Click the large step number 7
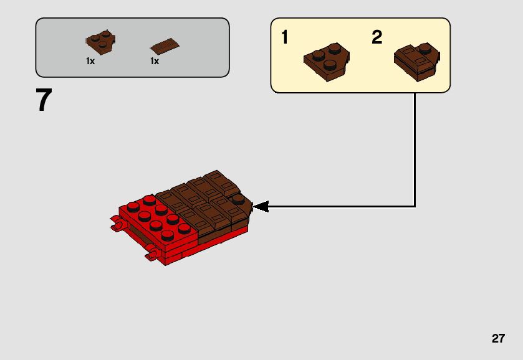[43, 100]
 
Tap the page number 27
[497, 339]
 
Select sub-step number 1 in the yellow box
[285, 37]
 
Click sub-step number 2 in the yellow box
[377, 37]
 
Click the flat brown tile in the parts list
[165, 46]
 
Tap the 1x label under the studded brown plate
[90, 62]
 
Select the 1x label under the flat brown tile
[155, 62]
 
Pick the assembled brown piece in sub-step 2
[417, 60]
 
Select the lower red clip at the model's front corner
[150, 254]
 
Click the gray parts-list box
[132, 47]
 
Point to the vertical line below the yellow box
[415, 149]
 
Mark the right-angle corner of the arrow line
[415, 206]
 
